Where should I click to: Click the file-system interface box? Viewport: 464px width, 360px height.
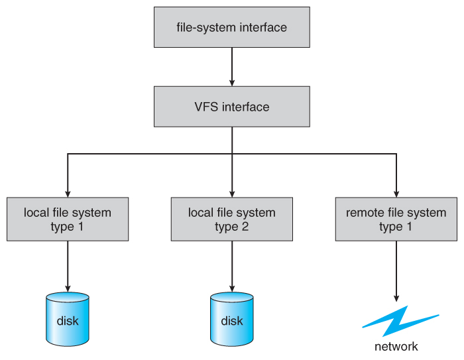[231, 28]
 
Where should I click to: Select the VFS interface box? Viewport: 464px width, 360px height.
[231, 106]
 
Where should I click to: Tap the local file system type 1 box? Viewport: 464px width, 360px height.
[68, 219]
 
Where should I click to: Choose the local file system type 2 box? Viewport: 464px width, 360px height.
[231, 219]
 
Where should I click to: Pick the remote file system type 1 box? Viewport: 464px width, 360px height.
[396, 219]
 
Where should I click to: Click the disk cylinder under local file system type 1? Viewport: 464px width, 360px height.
[68, 320]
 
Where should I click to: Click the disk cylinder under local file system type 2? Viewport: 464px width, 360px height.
[231, 320]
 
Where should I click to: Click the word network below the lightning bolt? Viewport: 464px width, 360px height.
[396, 347]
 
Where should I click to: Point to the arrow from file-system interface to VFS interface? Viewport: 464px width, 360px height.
[231, 67]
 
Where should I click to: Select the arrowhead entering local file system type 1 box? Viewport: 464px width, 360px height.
[68, 192]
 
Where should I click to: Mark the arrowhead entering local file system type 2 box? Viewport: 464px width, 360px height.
[231, 192]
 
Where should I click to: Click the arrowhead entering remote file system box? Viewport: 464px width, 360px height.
[396, 192]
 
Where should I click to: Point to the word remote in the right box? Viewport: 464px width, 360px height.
[364, 213]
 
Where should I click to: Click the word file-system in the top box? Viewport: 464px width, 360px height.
[202, 28]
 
